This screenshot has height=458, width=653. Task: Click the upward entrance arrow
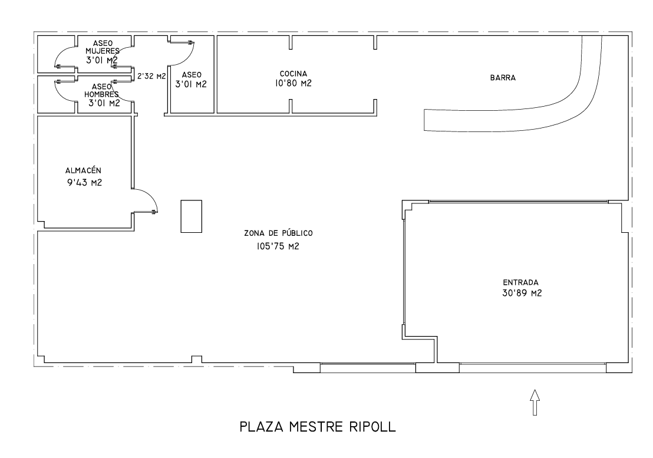[x=535, y=403]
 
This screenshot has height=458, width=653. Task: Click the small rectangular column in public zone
[x=191, y=216]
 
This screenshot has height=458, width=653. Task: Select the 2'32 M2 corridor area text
[x=151, y=76]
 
